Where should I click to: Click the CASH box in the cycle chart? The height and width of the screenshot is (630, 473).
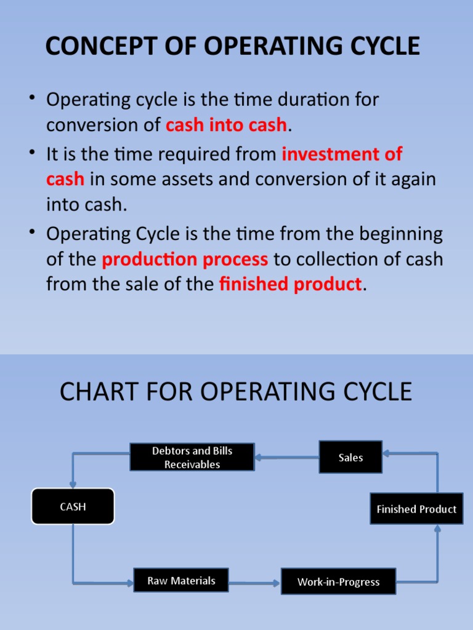pyautogui.click(x=73, y=506)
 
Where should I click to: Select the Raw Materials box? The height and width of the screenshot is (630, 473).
pyautogui.click(x=181, y=580)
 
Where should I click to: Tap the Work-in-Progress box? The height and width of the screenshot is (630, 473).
pyautogui.click(x=338, y=581)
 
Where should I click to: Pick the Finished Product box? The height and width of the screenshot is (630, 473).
pyautogui.click(x=416, y=509)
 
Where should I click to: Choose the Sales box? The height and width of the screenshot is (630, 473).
pyautogui.click(x=350, y=457)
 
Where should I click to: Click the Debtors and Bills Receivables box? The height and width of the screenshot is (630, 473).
pyautogui.click(x=192, y=458)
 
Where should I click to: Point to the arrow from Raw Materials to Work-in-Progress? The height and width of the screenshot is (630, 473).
pyautogui.click(x=254, y=582)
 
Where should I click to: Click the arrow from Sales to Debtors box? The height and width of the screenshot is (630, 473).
pyautogui.click(x=286, y=457)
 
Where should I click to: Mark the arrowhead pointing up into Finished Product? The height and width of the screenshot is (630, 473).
pyautogui.click(x=437, y=528)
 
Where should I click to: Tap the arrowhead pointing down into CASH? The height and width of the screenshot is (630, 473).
pyautogui.click(x=73, y=484)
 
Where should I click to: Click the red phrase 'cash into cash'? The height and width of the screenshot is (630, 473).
pyautogui.click(x=226, y=124)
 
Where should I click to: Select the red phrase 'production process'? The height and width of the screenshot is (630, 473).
pyautogui.click(x=185, y=259)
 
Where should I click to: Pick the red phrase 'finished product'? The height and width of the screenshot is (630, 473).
pyautogui.click(x=290, y=284)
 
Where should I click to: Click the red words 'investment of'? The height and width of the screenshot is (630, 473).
pyautogui.click(x=342, y=154)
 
